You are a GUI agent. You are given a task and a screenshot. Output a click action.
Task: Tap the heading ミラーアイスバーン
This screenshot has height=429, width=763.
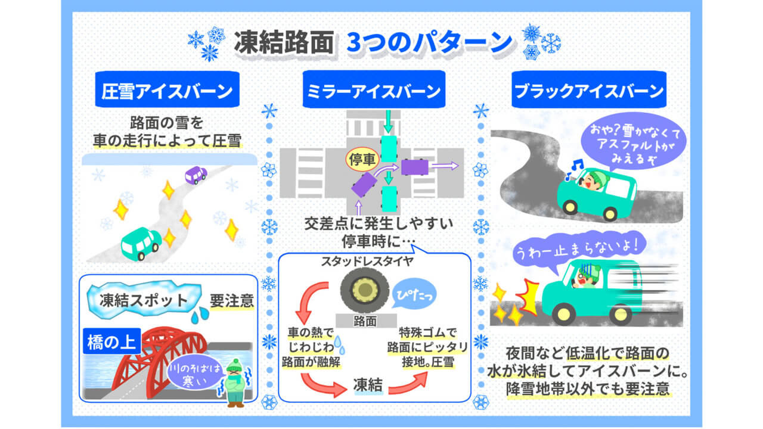click(374, 91)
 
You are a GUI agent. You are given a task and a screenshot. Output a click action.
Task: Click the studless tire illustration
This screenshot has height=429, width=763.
click(365, 291)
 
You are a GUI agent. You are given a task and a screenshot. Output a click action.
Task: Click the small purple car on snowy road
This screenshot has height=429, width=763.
click(196, 175)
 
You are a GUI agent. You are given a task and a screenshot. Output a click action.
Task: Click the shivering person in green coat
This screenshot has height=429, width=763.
click(235, 384)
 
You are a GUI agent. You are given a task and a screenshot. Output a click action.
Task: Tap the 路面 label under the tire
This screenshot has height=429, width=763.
click(365, 320)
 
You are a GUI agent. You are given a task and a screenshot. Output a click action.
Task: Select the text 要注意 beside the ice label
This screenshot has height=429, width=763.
click(232, 301)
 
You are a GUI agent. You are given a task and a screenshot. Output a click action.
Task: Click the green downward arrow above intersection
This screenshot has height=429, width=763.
click(389, 122)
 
